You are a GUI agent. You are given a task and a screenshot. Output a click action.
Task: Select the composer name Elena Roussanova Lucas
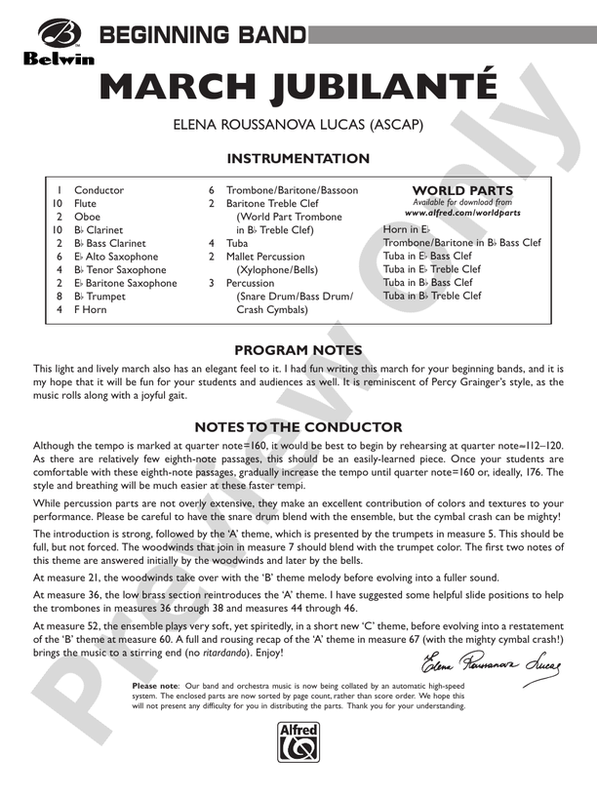(298, 126)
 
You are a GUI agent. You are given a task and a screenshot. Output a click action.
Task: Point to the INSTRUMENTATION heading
(298, 159)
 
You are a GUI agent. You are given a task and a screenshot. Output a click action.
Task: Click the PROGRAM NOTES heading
(298, 350)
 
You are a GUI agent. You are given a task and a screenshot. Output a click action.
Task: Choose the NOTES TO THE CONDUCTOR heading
(298, 426)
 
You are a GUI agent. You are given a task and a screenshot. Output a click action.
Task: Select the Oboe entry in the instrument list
(87, 217)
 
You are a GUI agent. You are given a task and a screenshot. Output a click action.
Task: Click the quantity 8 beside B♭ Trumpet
(60, 296)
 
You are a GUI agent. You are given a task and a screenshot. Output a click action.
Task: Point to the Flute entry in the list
(86, 204)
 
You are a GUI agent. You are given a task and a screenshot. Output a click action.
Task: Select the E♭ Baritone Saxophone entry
(126, 283)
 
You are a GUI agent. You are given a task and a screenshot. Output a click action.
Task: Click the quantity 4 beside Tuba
(212, 243)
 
